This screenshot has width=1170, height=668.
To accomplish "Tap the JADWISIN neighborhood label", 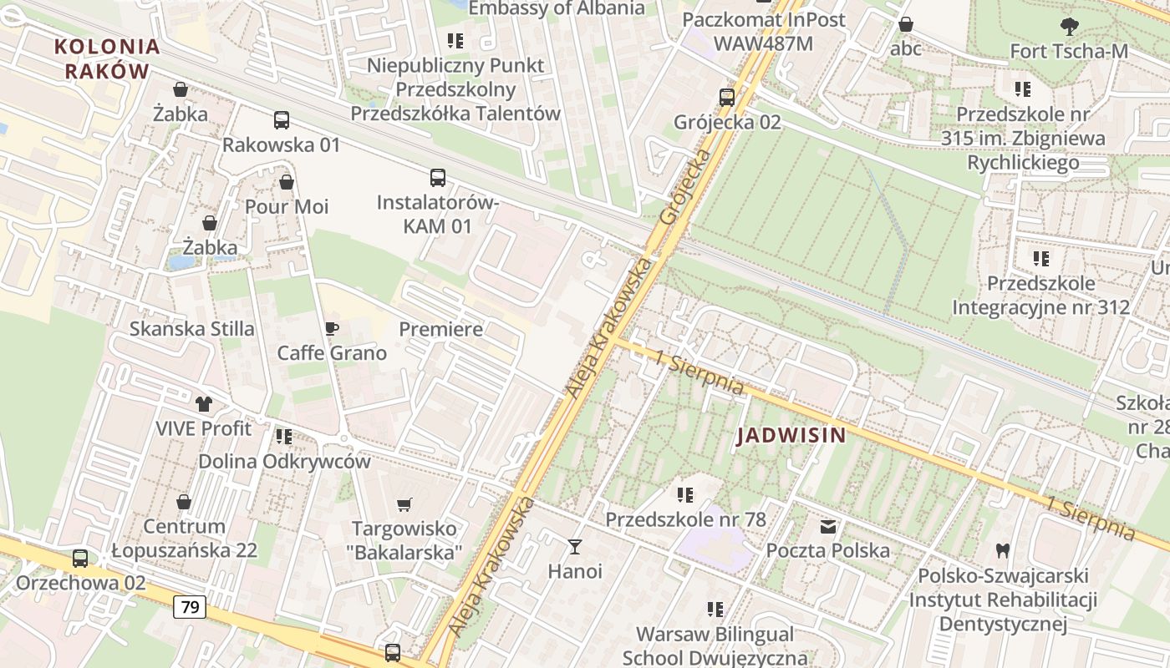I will pyautogui.click(x=791, y=435).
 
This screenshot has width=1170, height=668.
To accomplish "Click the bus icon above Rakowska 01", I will pyautogui.click(x=281, y=120).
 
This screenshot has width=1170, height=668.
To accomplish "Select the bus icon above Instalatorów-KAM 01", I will pyautogui.click(x=437, y=177).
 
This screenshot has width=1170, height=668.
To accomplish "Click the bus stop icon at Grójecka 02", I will pyautogui.click(x=726, y=98).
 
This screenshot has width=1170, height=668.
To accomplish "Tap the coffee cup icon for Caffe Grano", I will pyautogui.click(x=331, y=328).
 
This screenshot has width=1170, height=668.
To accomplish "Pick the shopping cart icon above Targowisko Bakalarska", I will pyautogui.click(x=404, y=504).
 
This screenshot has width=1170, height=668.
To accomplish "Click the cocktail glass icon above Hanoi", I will pyautogui.click(x=574, y=547).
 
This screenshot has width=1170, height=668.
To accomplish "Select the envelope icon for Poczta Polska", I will pyautogui.click(x=827, y=527).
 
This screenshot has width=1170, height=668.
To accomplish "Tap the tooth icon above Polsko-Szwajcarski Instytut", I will pyautogui.click(x=1002, y=551).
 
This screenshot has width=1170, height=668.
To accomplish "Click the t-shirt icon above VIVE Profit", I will pyautogui.click(x=203, y=404).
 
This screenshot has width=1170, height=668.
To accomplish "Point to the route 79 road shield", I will pyautogui.click(x=190, y=607).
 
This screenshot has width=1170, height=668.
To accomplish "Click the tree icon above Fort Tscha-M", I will pyautogui.click(x=1068, y=27).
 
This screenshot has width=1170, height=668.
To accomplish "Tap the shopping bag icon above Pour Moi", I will pyautogui.click(x=286, y=182).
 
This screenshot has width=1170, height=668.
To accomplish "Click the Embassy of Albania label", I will pyautogui.click(x=557, y=8).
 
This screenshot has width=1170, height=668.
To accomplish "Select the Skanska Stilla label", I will pyautogui.click(x=191, y=329).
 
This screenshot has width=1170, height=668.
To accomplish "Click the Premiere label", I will pyautogui.click(x=440, y=329).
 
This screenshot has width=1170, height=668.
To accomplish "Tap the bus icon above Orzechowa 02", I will pyautogui.click(x=79, y=559).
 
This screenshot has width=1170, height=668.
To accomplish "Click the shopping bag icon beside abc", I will pyautogui.click(x=905, y=24).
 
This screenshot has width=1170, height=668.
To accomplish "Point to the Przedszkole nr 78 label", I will pyautogui.click(x=685, y=519).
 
